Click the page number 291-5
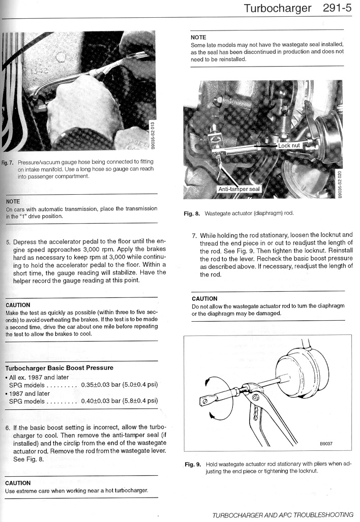pyautogui.click(x=337, y=8)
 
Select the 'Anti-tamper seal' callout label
pyautogui.click(x=239, y=189)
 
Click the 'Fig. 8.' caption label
pyautogui.click(x=192, y=213)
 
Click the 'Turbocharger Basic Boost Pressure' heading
pyautogui.click(x=59, y=367)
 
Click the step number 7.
pyautogui.click(x=194, y=235)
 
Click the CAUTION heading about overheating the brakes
pyautogui.click(x=18, y=305)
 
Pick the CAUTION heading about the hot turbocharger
pyautogui.click(x=18, y=483)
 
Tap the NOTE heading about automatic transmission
pyautogui.click(x=13, y=202)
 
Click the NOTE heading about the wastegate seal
pyautogui.click(x=198, y=37)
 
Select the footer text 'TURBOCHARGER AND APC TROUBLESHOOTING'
pyautogui.click(x=283, y=515)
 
